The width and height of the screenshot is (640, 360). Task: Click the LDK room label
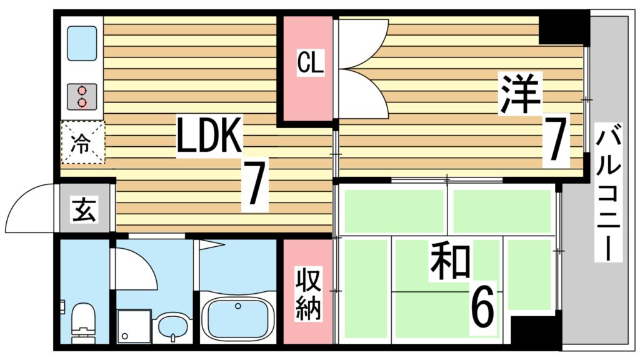[x=208, y=136]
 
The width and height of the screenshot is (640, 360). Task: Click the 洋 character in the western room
[x=519, y=94]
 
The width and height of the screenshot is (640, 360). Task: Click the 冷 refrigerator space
[x=82, y=142]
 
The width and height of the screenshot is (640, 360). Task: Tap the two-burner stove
[x=82, y=96]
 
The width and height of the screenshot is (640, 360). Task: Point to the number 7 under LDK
[x=254, y=184]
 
